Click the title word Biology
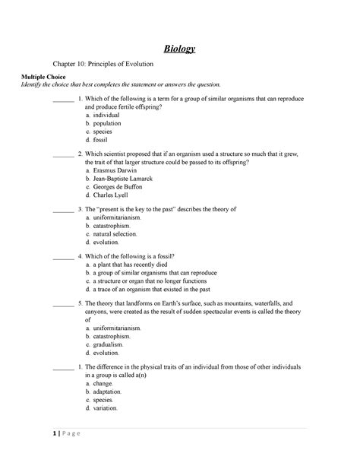click(180, 49)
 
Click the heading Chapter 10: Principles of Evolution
click(109, 66)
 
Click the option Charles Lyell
click(111, 195)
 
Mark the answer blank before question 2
click(63, 154)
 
